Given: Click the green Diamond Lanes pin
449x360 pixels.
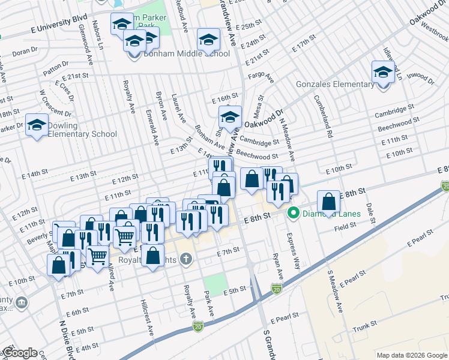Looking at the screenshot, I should [294, 213].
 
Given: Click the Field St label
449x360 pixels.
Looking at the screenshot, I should [346, 226].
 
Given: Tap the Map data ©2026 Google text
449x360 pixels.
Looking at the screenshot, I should [412, 355].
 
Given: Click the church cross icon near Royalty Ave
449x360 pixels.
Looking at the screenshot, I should [187, 259].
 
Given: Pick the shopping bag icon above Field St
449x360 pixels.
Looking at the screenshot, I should [328, 203].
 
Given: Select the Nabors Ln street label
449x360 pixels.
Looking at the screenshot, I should [99, 37].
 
